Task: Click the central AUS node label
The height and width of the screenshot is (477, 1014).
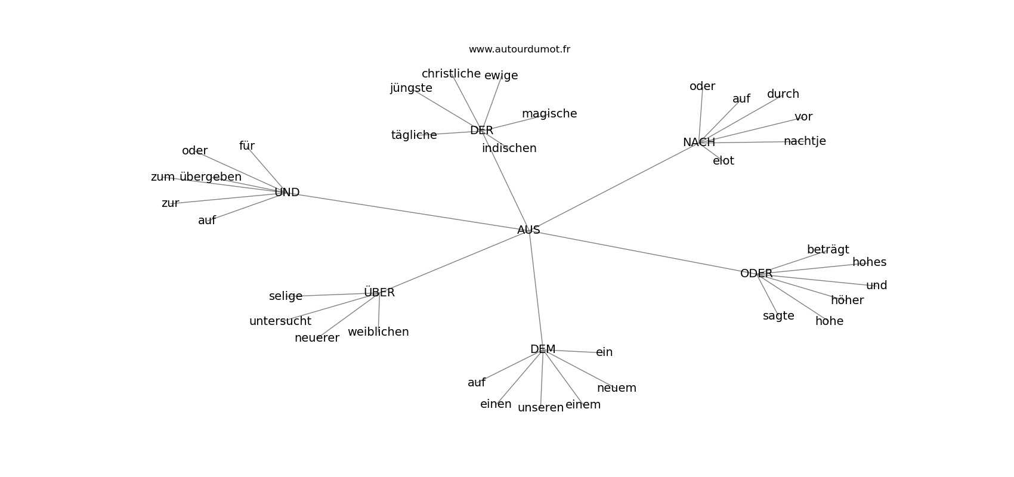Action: (528, 230)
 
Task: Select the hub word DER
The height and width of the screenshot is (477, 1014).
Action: (481, 131)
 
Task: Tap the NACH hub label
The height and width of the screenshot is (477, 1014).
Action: (698, 143)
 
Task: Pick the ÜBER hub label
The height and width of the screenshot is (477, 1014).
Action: (379, 293)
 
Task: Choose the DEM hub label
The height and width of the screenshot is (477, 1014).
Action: (542, 349)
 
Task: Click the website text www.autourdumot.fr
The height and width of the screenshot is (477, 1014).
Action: (519, 49)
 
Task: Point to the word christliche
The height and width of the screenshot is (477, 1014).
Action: (451, 74)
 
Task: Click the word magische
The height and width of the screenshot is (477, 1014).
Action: (549, 114)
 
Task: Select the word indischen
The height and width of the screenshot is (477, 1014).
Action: (509, 148)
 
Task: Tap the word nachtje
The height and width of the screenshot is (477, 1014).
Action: (804, 141)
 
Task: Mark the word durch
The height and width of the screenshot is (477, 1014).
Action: (783, 94)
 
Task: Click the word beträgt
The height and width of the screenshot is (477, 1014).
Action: (827, 250)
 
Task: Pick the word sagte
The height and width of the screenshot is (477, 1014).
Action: (778, 316)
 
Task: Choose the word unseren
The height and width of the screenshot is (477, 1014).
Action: (540, 408)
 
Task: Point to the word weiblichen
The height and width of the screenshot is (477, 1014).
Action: (378, 332)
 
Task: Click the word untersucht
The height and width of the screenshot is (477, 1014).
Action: (280, 321)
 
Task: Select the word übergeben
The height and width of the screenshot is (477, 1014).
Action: (211, 177)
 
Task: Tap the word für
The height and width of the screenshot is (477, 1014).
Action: (246, 146)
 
